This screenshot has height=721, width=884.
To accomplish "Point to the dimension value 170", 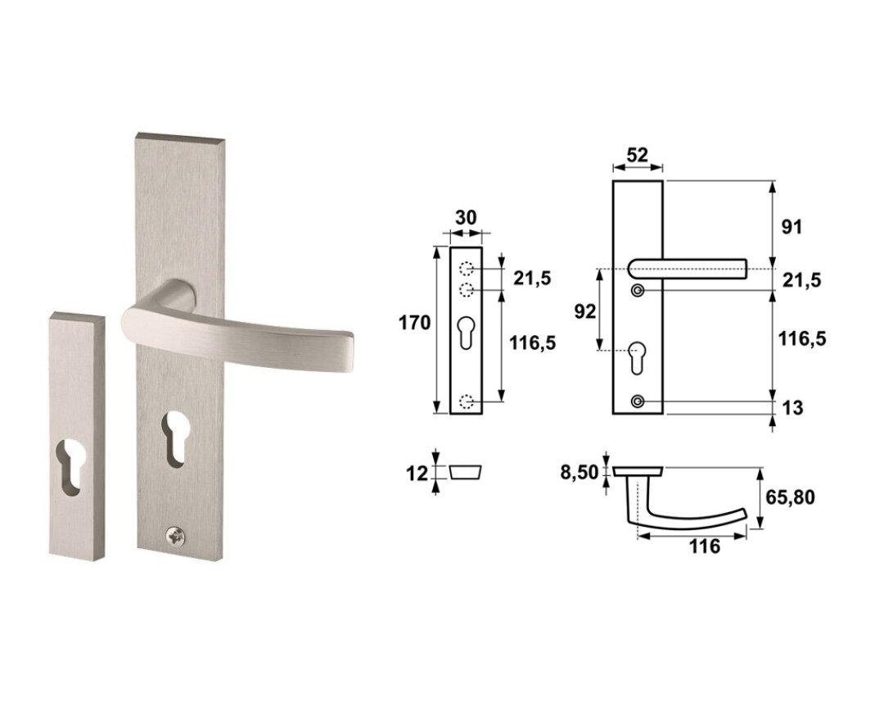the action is click(x=414, y=323).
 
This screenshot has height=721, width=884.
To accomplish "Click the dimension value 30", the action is click(x=466, y=217).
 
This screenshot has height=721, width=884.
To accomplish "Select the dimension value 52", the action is click(x=638, y=155).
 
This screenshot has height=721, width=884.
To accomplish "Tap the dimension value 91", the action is click(x=791, y=227).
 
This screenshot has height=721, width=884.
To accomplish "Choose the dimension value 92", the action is click(x=584, y=311).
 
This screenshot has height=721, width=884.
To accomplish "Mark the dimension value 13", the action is click(x=792, y=407).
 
